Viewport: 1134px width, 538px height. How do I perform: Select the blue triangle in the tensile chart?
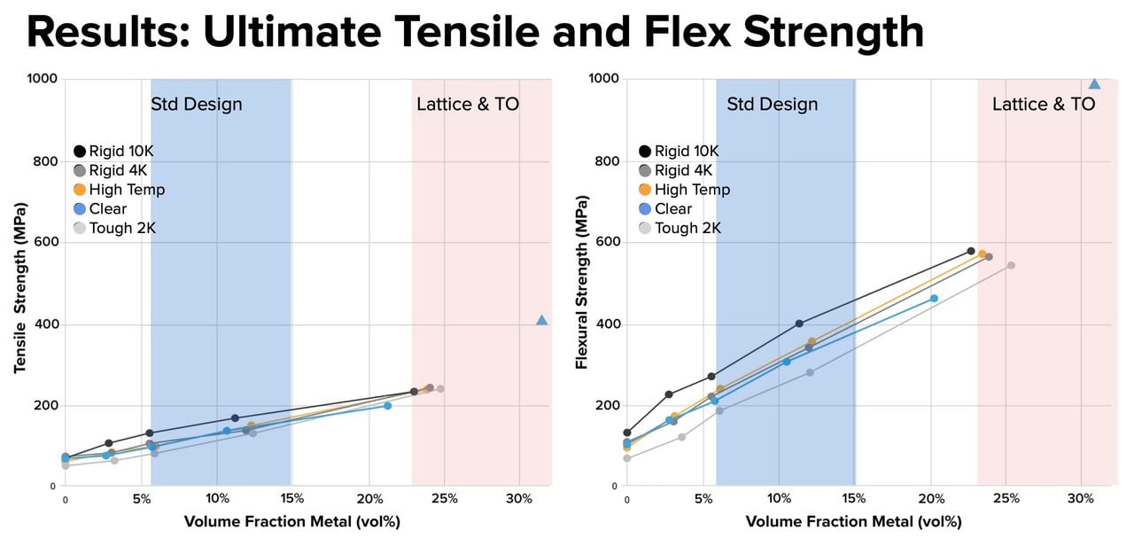[x=542, y=320]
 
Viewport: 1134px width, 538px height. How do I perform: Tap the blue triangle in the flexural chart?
[x=1094, y=84]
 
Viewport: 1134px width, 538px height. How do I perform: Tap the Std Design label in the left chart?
[x=196, y=105]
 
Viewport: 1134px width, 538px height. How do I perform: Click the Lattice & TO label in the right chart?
[x=1043, y=105]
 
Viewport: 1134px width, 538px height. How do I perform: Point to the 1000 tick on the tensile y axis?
[x=43, y=79]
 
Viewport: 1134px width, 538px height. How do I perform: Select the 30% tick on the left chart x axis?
[x=519, y=499]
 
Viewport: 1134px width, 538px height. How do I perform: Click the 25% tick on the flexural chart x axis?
[x=1005, y=499]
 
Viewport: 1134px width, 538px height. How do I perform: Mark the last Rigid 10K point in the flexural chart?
[x=970, y=252]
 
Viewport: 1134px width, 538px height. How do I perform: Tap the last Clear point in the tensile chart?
[x=387, y=405]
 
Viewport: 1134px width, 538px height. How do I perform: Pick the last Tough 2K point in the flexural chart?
[x=1010, y=265]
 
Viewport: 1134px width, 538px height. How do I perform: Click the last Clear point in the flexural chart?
[x=934, y=299]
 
